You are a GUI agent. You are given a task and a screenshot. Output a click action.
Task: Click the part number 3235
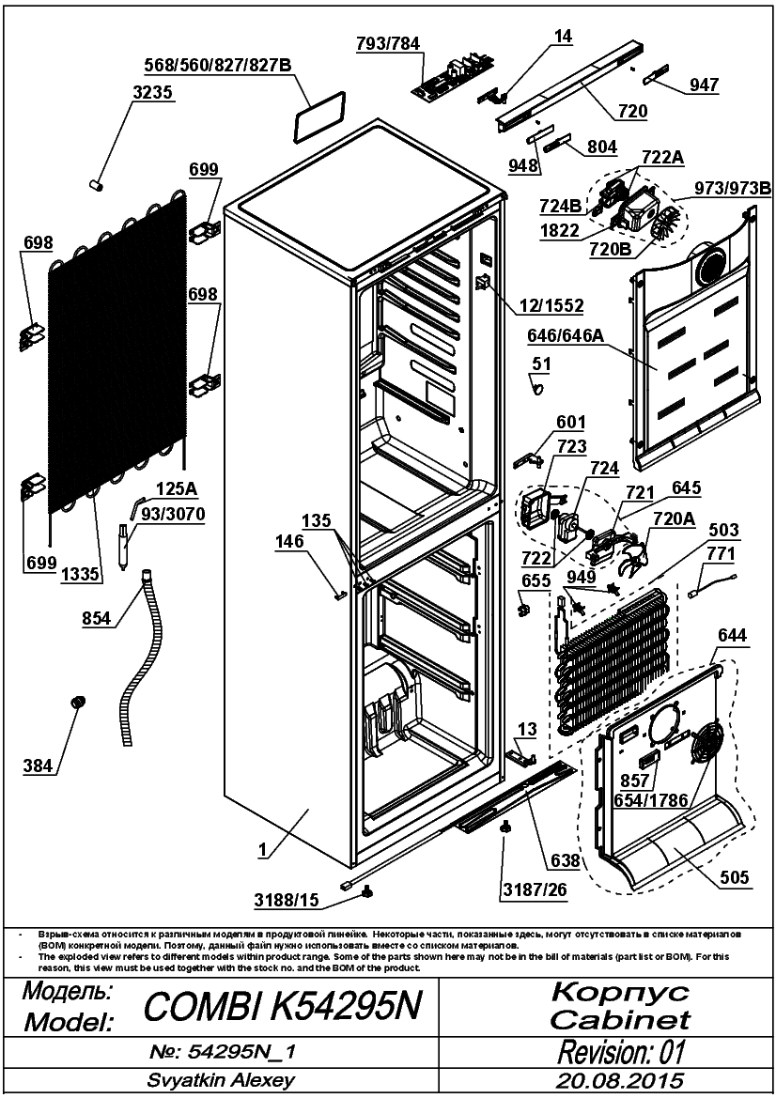[153, 92]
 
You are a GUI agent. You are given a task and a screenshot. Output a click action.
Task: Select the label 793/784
[387, 43]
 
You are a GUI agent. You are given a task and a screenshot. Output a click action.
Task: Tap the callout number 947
[704, 85]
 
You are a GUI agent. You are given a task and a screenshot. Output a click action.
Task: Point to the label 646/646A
[566, 336]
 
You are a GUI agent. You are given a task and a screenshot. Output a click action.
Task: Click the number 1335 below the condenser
[81, 575]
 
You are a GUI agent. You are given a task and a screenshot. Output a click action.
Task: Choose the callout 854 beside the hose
[96, 618]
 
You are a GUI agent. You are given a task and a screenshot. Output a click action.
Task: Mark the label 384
[38, 766]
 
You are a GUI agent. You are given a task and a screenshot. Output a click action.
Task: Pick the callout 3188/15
[286, 900]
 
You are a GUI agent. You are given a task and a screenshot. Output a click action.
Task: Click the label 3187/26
[535, 889]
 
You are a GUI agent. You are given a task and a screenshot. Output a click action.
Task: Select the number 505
[734, 877]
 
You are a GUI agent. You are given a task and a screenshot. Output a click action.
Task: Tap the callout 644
[732, 636]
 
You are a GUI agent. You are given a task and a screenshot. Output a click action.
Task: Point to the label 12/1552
[551, 306]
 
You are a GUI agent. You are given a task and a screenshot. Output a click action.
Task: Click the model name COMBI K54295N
[283, 1007]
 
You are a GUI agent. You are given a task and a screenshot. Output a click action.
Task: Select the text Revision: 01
[621, 1052]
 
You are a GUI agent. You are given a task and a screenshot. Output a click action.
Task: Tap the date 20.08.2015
[620, 1080]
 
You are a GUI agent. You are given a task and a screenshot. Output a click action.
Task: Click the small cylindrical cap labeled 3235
[98, 185]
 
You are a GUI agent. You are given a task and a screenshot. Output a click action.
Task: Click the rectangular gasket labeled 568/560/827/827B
[320, 116]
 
